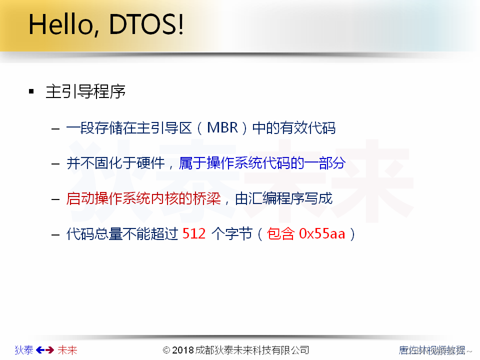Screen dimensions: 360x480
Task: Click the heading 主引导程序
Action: click(x=85, y=92)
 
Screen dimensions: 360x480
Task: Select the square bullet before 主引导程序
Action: click(x=31, y=91)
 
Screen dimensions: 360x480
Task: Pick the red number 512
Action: click(x=194, y=233)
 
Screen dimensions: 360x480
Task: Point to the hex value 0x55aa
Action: click(x=322, y=233)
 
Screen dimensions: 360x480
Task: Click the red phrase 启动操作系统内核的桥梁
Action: click(x=143, y=198)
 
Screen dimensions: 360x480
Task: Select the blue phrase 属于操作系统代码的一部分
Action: click(x=262, y=163)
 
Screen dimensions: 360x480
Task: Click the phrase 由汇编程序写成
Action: click(x=283, y=198)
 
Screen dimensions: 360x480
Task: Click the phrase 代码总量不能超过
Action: click(x=122, y=233)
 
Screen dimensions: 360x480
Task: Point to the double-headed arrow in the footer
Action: click(x=45, y=350)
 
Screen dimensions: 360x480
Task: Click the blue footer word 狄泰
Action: click(x=24, y=350)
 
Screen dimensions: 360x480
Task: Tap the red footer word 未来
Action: click(x=67, y=350)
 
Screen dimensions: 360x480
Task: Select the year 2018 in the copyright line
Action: click(x=183, y=350)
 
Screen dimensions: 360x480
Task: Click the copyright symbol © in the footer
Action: click(x=166, y=350)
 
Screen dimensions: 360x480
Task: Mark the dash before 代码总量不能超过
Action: click(x=55, y=234)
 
